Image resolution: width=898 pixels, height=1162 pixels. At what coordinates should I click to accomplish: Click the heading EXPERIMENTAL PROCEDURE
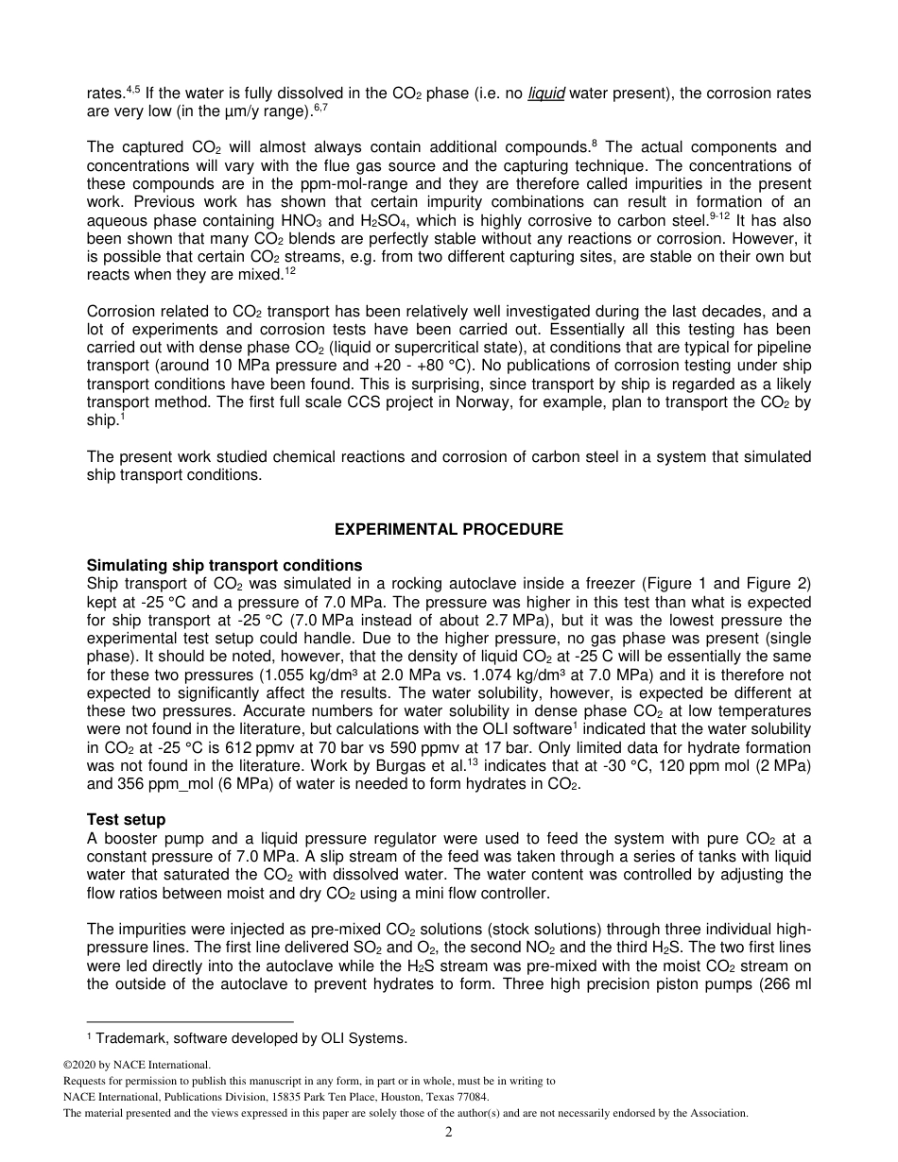[x=449, y=530]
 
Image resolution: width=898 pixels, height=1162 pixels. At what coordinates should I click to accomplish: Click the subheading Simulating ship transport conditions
[x=224, y=567]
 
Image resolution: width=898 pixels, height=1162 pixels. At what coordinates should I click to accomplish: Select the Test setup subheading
[x=126, y=820]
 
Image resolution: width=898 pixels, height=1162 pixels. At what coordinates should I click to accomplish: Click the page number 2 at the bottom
[x=449, y=1132]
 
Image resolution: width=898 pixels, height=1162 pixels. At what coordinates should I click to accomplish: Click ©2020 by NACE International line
[x=136, y=1065]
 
